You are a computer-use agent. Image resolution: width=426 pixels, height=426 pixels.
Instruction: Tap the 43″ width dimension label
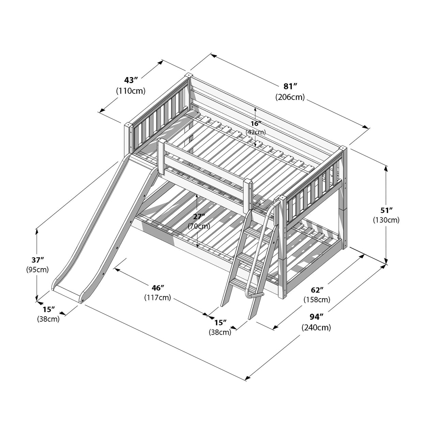click(131, 80)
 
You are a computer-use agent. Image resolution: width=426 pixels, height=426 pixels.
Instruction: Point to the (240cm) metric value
click(316, 328)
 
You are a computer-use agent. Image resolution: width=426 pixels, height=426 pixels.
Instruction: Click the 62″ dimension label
click(317, 290)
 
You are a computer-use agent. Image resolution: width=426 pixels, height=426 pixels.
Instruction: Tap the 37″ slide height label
click(37, 260)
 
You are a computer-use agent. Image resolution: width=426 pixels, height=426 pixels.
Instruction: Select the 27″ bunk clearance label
click(199, 216)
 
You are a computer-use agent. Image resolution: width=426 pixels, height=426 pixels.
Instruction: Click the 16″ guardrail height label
click(255, 123)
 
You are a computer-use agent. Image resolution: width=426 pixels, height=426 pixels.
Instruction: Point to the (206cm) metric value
click(290, 97)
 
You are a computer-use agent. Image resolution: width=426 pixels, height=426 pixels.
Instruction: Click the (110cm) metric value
click(131, 91)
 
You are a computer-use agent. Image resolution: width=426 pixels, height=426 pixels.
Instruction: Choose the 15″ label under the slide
click(48, 309)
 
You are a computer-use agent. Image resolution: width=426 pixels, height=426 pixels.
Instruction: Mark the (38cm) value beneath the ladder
click(220, 332)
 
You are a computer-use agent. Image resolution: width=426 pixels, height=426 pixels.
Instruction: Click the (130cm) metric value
click(386, 220)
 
